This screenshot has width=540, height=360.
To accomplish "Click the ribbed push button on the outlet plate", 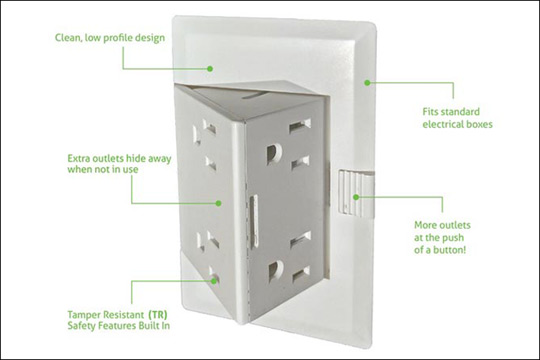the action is pos(355,193).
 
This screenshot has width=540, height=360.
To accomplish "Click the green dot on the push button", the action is pos(356,197).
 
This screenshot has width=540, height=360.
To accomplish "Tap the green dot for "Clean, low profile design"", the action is pos(210,69).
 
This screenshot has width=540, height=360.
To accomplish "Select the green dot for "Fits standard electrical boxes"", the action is pos(367,83).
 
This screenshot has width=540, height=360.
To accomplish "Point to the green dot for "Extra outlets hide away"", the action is pos(218,203).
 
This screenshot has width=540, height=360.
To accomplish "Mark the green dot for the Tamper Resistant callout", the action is pos(214,280).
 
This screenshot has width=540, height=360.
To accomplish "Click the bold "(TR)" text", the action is pos(158,315).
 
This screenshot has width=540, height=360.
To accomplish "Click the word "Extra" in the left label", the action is pos(77,158).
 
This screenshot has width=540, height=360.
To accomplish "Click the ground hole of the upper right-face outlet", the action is pos(274,153).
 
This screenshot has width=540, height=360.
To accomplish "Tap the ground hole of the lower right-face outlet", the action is pos(276,270).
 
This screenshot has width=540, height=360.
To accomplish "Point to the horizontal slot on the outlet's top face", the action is pos(258,95).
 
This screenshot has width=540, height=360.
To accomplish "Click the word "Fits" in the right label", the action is pos(430,112).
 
